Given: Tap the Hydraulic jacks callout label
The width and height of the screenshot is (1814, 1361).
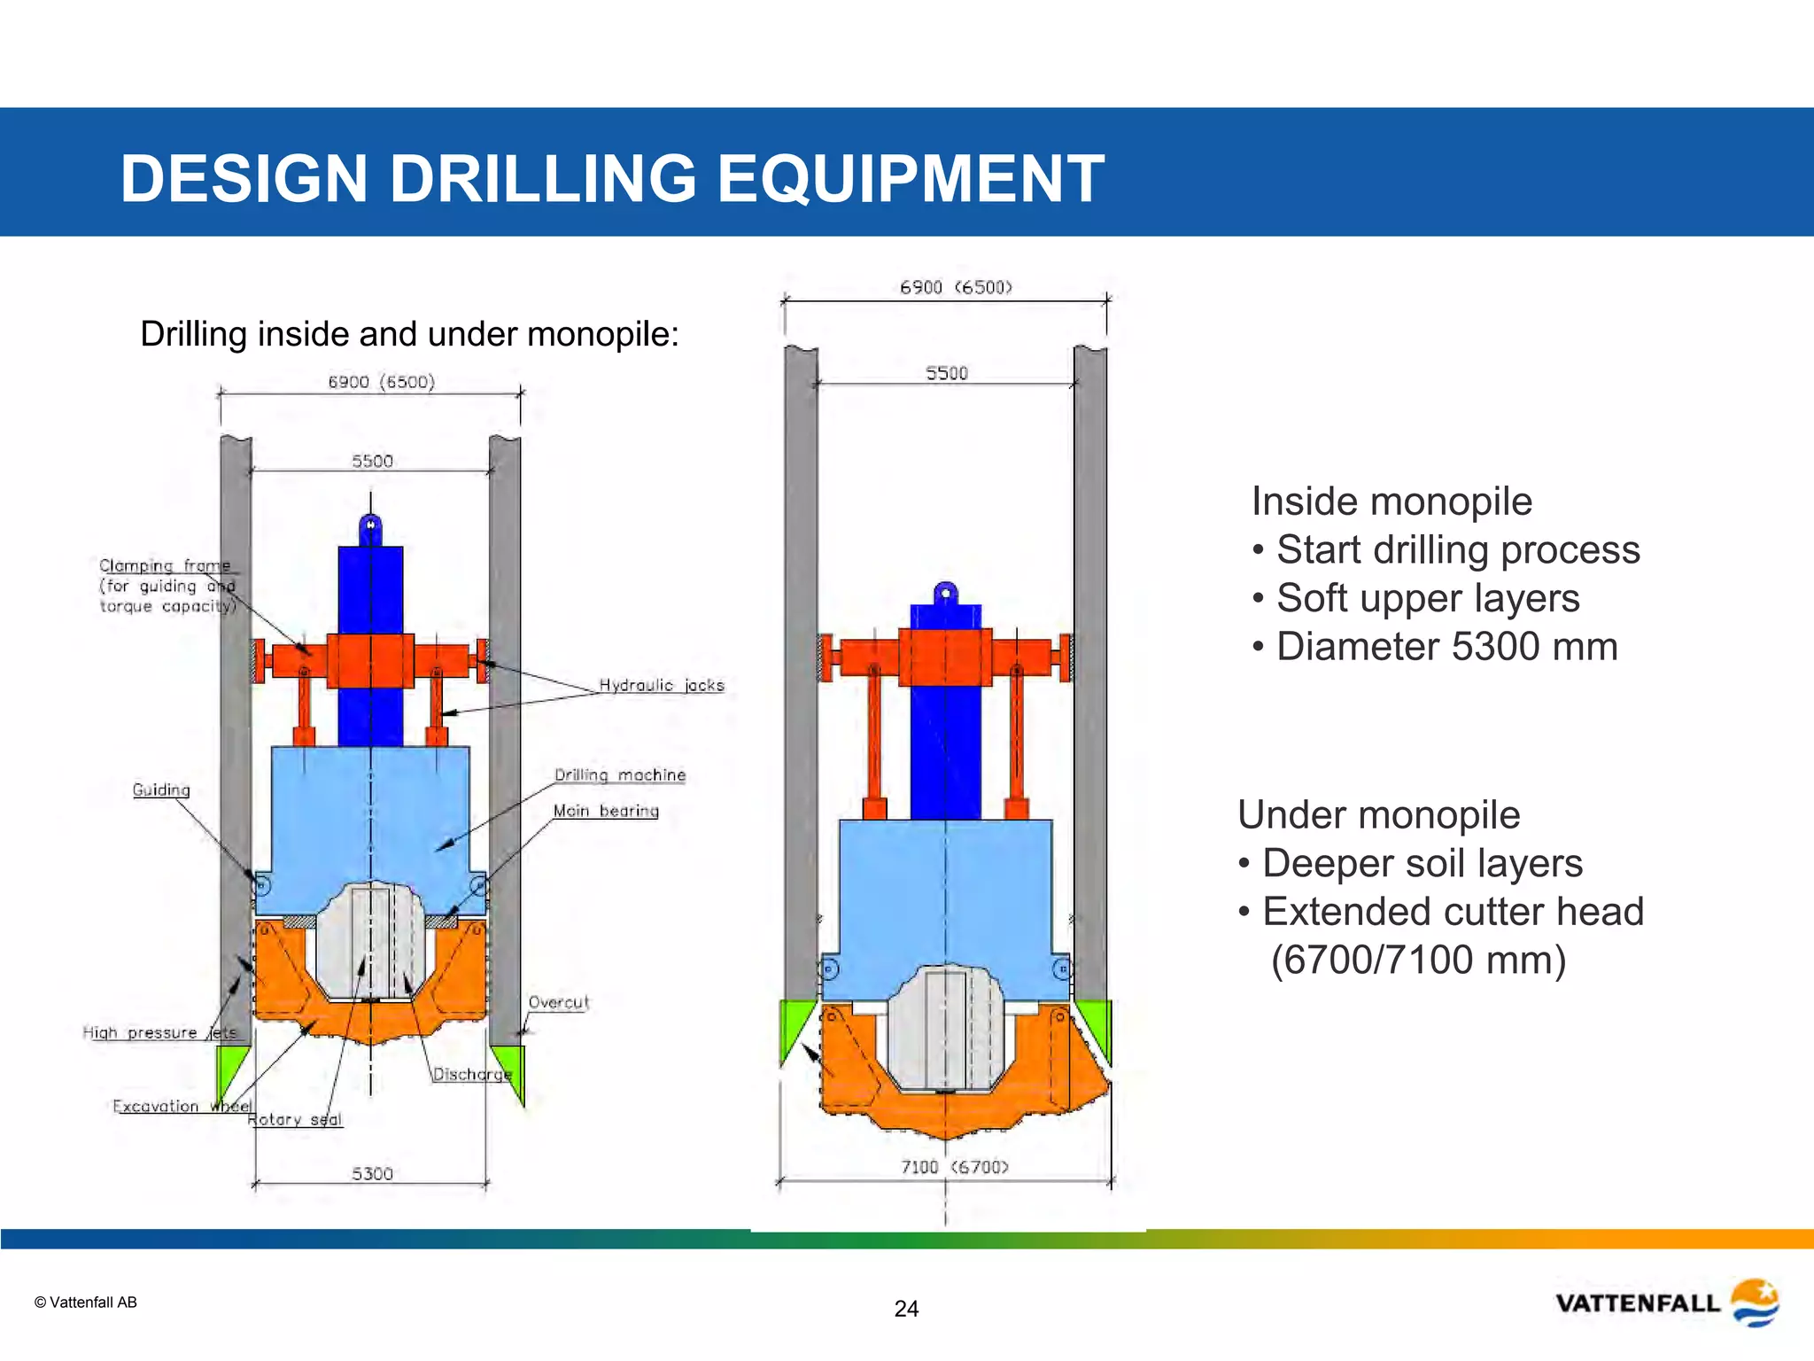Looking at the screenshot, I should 661,686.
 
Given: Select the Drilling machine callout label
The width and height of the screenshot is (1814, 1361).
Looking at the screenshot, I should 619,775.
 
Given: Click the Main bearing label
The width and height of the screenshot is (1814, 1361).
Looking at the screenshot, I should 606,811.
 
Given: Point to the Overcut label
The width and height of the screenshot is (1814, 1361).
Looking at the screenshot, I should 558,1002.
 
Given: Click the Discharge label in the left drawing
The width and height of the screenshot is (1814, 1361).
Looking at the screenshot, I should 472,1074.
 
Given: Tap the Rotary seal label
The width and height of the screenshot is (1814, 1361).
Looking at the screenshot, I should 295,1119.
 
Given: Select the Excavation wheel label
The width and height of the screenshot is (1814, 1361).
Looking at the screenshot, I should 182,1106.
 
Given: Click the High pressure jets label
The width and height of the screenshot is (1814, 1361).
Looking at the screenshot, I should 159,1032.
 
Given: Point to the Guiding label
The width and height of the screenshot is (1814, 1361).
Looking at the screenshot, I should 161,789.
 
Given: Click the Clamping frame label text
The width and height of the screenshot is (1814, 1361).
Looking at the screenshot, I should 165,565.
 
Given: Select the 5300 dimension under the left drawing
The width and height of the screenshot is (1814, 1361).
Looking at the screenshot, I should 372,1173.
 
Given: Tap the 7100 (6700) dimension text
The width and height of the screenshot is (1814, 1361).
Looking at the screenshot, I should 954,1167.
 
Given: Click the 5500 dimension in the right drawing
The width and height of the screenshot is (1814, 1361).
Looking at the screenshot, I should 946,373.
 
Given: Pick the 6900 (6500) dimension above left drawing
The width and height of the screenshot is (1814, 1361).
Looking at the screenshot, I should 381,382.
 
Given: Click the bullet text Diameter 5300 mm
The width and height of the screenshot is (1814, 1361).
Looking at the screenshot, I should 1446,647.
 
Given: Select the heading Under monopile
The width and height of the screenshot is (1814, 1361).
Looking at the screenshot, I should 1378,815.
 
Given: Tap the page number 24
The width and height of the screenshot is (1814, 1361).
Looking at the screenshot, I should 906,1309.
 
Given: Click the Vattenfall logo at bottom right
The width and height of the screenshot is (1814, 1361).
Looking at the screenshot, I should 1666,1303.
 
